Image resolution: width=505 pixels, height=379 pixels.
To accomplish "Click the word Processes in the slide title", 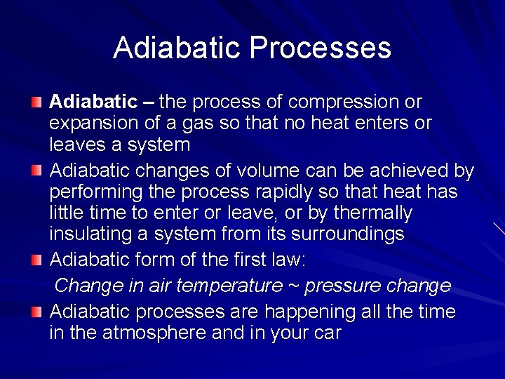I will click(x=320, y=48).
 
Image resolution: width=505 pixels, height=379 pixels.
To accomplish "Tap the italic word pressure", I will click(x=342, y=286).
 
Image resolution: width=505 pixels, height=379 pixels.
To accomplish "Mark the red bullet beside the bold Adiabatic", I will click(x=36, y=103).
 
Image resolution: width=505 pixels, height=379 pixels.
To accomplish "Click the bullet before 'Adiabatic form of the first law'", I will click(x=36, y=260).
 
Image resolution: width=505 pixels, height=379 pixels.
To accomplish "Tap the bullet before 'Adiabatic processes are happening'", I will click(x=36, y=312).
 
